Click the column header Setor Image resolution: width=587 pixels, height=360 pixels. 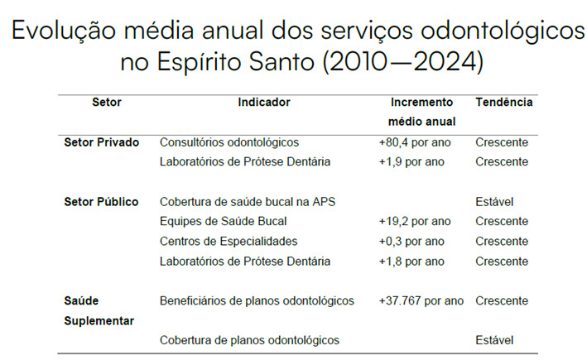[106, 103]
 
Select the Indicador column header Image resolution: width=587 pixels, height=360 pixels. [264, 103]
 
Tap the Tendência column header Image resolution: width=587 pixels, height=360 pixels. [503, 103]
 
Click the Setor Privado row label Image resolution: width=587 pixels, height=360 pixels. [101, 142]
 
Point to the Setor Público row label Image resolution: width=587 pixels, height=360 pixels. [101, 202]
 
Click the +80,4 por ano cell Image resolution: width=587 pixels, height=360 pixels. [414, 142]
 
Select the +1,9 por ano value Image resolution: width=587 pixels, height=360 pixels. [411, 162]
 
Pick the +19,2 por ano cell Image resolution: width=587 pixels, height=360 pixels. [414, 222]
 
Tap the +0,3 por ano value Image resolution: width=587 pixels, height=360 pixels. [411, 242]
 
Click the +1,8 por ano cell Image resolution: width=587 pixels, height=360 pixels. [411, 262]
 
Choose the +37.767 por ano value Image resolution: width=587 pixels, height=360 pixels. [421, 301]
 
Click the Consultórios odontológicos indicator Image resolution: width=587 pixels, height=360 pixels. [229, 142]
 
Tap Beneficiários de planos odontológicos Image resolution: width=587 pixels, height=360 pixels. [257, 301]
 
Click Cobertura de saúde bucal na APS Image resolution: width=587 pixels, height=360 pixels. [247, 202]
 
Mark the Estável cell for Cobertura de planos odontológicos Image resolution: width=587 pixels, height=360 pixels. [494, 340]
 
